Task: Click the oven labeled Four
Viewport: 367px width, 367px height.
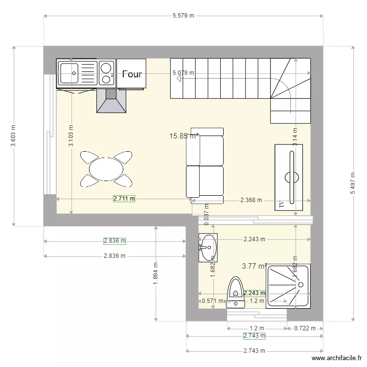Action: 132,74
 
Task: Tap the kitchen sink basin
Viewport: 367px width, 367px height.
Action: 68,73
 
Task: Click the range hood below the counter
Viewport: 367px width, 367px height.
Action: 112,101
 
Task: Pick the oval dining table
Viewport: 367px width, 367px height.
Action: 106,169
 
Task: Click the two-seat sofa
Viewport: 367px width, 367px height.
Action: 205,165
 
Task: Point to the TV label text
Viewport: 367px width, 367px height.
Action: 281,205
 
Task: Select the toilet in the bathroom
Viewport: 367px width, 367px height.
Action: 236,292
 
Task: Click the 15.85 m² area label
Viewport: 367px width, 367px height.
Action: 183,136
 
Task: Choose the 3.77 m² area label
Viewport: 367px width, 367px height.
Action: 254,266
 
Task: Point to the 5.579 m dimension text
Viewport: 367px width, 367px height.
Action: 183,16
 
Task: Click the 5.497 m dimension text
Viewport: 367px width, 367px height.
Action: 352,183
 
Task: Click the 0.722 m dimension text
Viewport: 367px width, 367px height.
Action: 305,328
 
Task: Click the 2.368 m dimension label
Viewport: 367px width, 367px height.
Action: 251,200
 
